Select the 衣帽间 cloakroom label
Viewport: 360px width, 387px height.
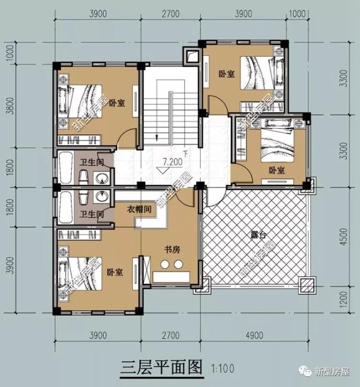pos(139,209)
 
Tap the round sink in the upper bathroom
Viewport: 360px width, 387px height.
pos(102,179)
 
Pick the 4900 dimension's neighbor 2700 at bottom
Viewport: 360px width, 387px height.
pos(170,336)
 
